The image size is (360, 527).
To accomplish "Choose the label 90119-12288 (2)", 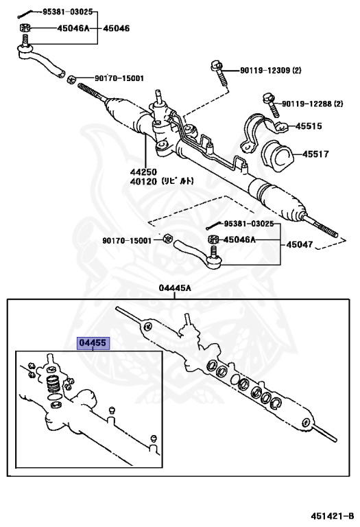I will (312, 104).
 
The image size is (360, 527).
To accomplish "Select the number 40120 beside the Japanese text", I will (143, 182).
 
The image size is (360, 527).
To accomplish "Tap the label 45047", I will (300, 244).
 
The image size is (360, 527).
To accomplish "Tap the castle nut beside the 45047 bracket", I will (212, 239).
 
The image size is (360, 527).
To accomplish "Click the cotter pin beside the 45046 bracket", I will (25, 12).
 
